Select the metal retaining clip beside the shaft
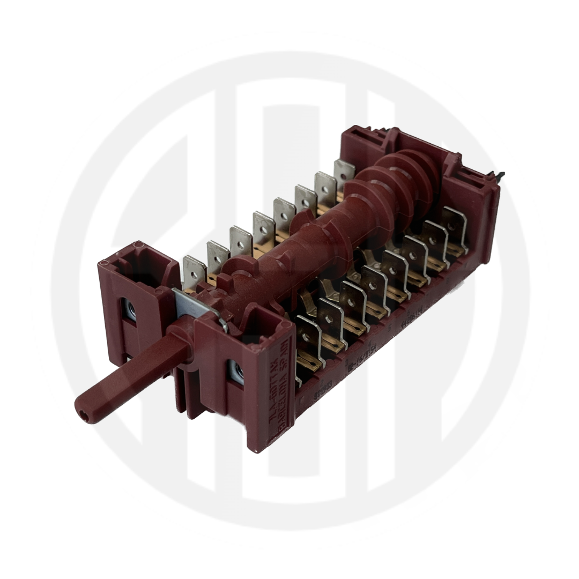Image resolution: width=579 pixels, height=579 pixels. (x=199, y=306)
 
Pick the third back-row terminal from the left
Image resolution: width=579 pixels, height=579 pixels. (x=240, y=240)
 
